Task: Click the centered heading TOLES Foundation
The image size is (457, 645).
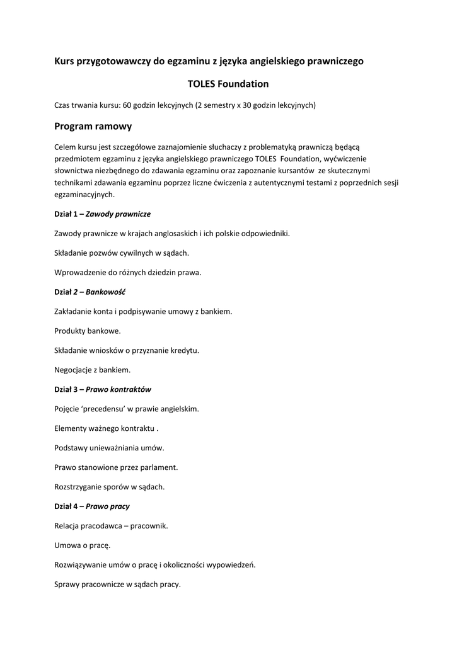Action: pos(228,84)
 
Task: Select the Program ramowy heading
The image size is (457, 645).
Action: pos(93,127)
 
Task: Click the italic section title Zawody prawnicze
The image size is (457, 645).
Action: pos(118,214)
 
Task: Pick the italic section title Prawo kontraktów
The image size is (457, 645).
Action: pos(119,389)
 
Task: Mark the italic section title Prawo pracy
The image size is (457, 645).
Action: pos(108,506)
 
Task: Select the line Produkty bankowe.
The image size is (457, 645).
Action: pos(88,331)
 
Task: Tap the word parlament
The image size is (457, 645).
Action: pos(160,467)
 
